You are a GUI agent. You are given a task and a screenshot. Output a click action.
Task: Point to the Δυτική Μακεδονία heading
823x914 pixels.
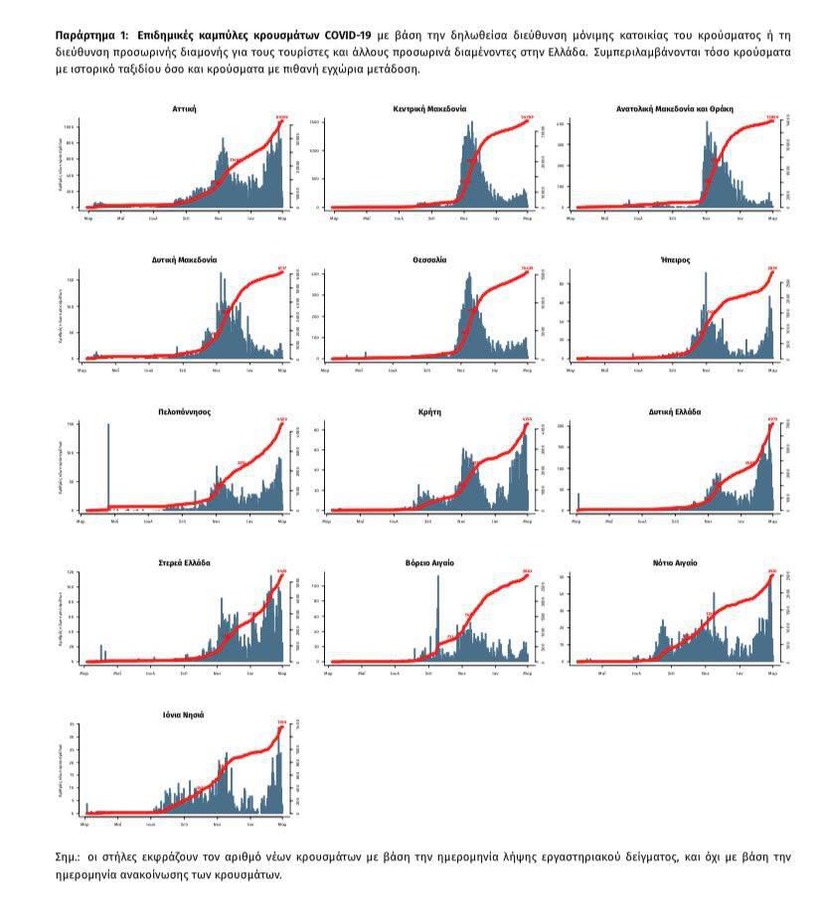184,259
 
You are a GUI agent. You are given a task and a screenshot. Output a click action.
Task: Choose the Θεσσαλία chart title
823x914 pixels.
429,259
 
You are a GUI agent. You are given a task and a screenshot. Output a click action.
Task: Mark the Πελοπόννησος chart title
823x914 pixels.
184,411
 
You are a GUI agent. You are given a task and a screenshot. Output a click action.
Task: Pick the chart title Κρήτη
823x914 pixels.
429,411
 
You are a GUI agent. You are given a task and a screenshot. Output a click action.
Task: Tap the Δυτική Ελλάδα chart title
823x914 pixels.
675,411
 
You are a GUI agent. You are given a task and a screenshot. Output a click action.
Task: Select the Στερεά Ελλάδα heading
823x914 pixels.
184,563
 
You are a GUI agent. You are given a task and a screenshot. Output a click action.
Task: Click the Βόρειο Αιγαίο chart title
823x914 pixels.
429,563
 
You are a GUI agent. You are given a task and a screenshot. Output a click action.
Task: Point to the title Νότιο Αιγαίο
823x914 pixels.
675,563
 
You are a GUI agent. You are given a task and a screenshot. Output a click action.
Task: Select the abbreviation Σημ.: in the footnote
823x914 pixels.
70,855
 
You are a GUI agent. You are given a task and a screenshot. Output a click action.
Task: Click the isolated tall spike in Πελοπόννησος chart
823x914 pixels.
108,467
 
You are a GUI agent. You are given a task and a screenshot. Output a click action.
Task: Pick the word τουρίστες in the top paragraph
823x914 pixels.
294,52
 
